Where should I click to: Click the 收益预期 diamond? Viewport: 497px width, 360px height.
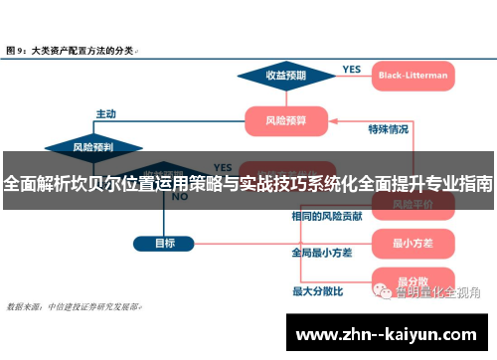[286, 74]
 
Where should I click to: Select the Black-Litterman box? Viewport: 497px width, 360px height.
[412, 74]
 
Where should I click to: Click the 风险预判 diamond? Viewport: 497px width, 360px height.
[92, 147]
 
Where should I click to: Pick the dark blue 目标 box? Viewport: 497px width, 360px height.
[166, 242]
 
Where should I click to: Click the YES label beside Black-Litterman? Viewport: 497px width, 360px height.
[351, 70]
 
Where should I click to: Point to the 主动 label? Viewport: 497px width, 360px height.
[105, 112]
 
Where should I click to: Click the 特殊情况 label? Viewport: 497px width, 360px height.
[388, 128]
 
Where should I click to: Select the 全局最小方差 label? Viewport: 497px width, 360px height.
[321, 253]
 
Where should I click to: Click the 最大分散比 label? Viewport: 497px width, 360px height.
[317, 290]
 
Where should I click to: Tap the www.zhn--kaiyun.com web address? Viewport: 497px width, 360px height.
[389, 333]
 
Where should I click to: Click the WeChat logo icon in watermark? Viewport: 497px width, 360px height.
[383, 290]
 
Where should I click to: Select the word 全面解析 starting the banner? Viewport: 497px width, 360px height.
[36, 184]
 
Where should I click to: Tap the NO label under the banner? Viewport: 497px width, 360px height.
[180, 198]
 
